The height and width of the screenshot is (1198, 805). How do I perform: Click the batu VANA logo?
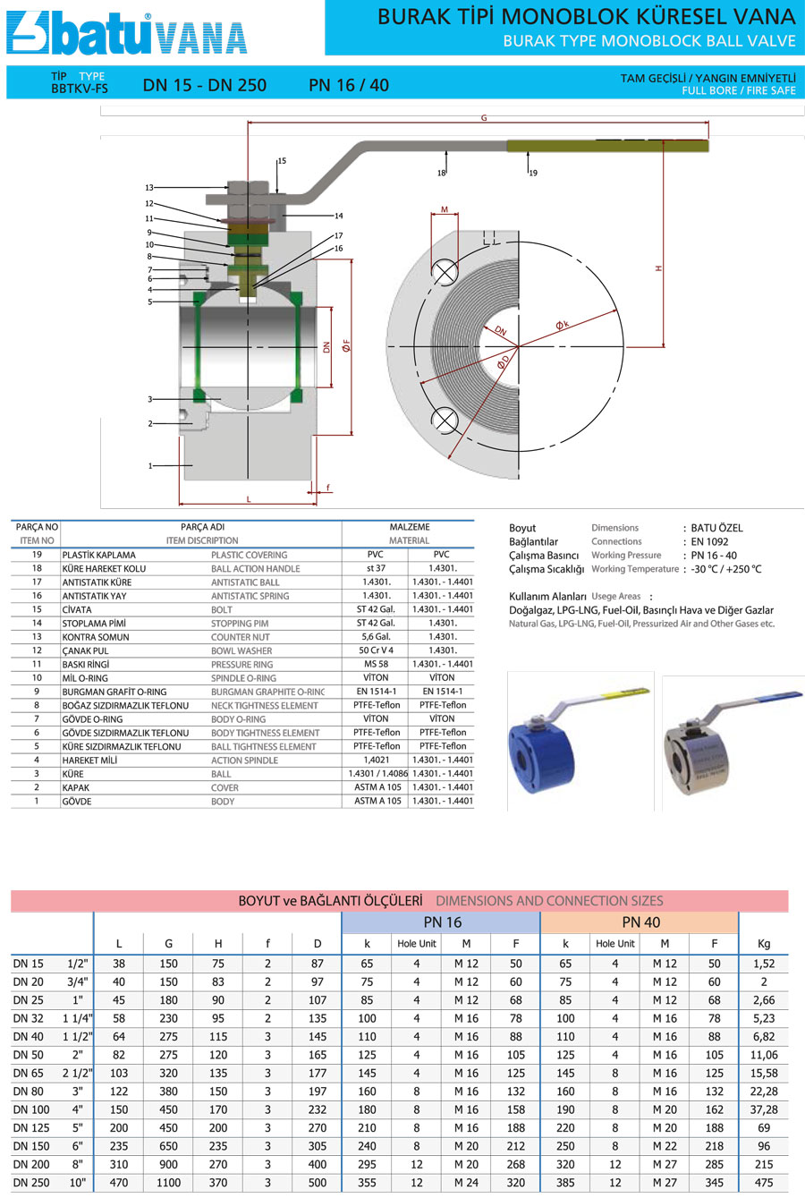127,33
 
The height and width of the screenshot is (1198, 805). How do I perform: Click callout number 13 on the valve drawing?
149,188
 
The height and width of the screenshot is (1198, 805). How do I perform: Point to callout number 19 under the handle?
533,173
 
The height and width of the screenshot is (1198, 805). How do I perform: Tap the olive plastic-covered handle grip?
607,146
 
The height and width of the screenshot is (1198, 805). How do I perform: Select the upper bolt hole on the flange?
445,273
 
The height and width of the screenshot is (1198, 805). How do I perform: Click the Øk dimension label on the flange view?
563,325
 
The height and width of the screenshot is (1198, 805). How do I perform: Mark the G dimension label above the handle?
484,118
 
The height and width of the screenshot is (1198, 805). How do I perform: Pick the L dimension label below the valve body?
249,499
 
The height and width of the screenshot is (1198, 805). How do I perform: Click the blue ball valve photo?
580,741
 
